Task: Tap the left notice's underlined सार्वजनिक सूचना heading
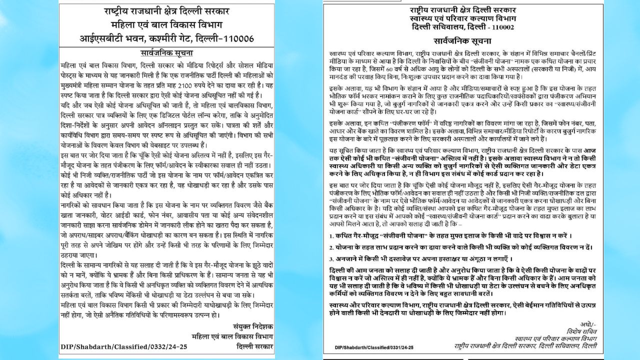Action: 166,53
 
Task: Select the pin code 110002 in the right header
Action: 500,27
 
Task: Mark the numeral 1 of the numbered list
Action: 331,235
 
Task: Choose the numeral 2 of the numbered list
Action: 331,247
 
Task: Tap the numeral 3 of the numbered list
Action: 331,259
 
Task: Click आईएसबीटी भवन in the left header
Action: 106,38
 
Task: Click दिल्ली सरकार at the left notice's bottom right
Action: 254,346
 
